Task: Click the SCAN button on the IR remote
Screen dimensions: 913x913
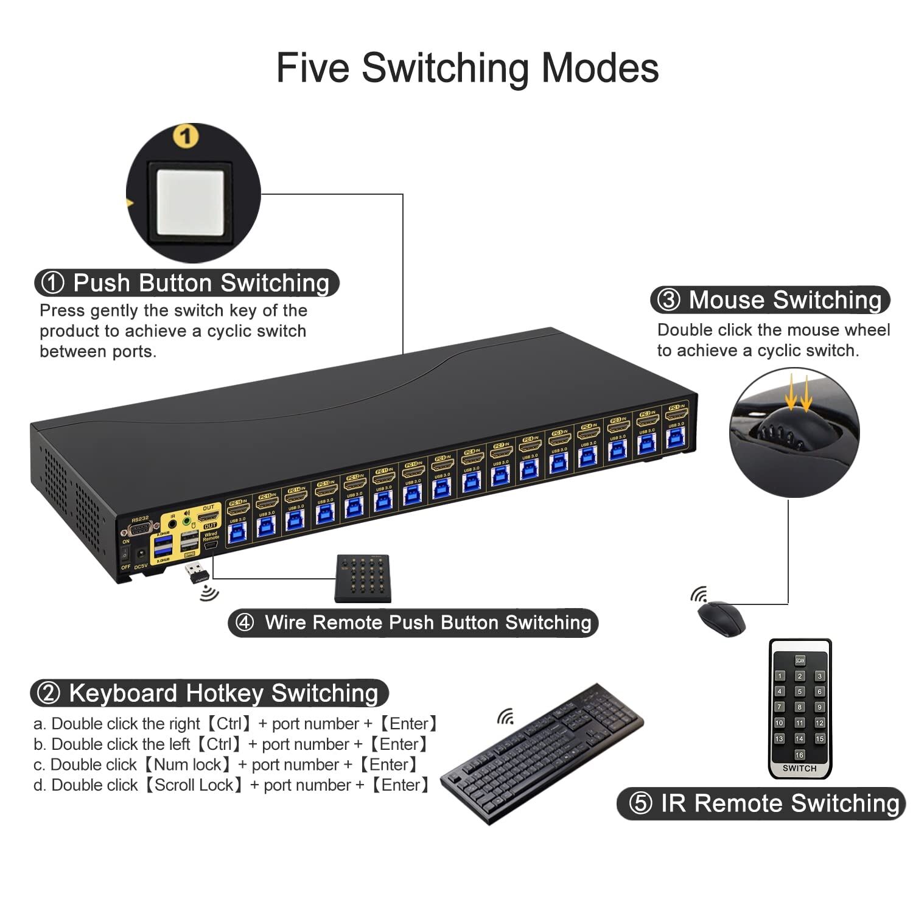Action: coord(799,660)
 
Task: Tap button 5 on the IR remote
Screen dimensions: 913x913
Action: coord(800,691)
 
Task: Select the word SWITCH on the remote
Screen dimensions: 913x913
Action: coord(799,768)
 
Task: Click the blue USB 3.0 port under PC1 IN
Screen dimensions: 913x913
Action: coord(675,438)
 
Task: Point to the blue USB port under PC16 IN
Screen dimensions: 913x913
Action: coord(236,534)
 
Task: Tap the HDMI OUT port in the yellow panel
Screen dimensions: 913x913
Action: coord(209,516)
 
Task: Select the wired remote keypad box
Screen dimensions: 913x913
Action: coord(363,578)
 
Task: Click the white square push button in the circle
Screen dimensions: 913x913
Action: coord(191,201)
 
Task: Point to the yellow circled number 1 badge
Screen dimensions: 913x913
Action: coord(186,136)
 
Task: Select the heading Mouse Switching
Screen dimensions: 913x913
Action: coord(785,300)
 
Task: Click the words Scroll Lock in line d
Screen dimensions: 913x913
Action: coord(194,785)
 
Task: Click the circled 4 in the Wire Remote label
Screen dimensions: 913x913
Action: coord(245,622)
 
